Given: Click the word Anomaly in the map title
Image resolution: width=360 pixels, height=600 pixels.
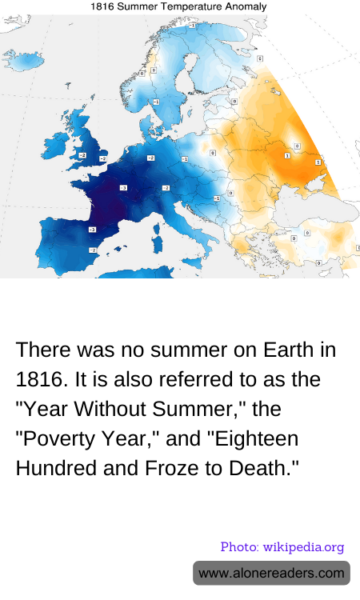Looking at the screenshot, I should (246, 6).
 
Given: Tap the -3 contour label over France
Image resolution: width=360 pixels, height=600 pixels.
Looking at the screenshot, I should (123, 188).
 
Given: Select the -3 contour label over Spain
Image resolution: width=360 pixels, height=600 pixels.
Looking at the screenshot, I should (92, 230).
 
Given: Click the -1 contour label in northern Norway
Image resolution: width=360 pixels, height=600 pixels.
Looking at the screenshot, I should (192, 26).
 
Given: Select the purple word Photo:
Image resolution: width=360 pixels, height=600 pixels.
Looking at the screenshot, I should (238, 547).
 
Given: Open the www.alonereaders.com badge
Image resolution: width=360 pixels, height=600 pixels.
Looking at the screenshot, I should (271, 573).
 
